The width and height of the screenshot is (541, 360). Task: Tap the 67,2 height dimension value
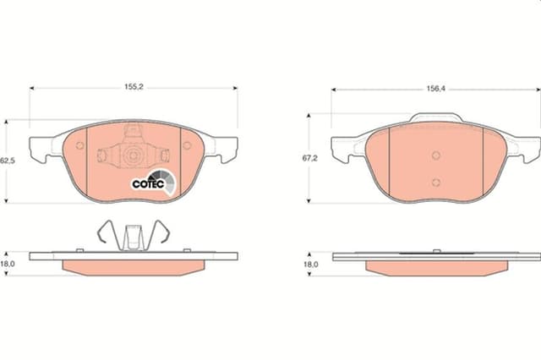[x=312, y=157]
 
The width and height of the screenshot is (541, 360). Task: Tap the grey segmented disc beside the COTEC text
[x=168, y=181]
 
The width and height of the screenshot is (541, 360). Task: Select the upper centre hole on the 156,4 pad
[x=435, y=155]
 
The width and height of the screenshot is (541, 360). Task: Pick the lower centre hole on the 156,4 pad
[x=435, y=182]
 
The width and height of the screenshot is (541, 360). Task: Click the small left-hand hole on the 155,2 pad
[x=80, y=145]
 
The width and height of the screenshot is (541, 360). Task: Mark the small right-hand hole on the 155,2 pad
[x=187, y=145]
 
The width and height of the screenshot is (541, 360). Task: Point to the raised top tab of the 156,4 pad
[x=435, y=118]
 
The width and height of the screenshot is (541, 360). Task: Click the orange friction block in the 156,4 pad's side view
[x=435, y=266]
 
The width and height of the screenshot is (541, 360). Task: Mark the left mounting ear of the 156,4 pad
[x=342, y=150]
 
